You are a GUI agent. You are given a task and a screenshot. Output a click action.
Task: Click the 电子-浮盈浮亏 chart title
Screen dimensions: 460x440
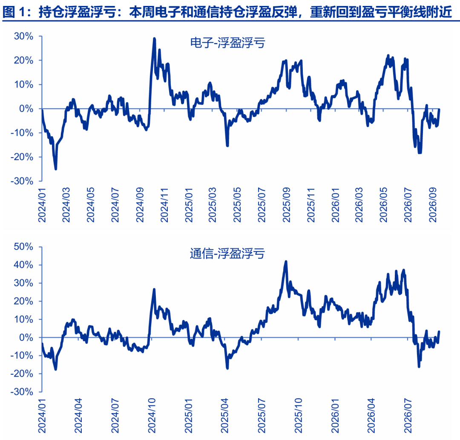pyautogui.click(x=227, y=43)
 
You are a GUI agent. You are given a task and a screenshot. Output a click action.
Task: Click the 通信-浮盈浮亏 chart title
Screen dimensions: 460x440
pyautogui.click(x=227, y=253)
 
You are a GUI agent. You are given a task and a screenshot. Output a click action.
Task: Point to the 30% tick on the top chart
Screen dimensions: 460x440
pyautogui.click(x=23, y=36)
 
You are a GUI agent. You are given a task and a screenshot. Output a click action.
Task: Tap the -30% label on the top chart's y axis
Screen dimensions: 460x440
pyautogui.click(x=22, y=181)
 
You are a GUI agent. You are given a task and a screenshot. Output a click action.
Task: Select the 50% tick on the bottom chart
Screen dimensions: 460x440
pyautogui.click(x=23, y=247)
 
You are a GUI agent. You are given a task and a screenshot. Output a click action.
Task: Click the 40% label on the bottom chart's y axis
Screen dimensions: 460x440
pyautogui.click(x=23, y=265)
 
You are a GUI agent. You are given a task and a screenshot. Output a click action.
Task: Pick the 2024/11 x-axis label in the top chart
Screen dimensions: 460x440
pyautogui.click(x=164, y=205)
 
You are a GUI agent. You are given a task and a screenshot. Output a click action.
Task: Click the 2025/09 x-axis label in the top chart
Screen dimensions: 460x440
pyautogui.click(x=286, y=205)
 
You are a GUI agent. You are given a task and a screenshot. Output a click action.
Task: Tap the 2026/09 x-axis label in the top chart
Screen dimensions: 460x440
pyautogui.click(x=433, y=205)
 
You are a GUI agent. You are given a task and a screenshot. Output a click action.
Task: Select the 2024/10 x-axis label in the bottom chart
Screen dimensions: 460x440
pyautogui.click(x=152, y=416)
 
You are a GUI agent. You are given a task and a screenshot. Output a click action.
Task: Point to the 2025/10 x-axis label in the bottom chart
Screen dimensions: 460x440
pyautogui.click(x=298, y=416)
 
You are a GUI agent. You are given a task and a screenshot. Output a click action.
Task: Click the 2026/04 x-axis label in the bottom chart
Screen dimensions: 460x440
pyautogui.click(x=371, y=416)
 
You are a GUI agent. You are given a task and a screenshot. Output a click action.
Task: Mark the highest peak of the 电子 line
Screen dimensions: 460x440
pyautogui.click(x=155, y=38)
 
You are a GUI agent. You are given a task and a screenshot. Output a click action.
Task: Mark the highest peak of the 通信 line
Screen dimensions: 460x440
pyautogui.click(x=286, y=262)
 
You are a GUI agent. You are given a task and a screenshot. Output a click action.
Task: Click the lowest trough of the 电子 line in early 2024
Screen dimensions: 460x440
pyautogui.click(x=56, y=169)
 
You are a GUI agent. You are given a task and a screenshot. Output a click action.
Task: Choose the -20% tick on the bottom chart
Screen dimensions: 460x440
pyautogui.click(x=22, y=374)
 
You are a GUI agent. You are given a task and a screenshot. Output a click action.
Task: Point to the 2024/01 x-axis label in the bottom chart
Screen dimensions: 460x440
pyautogui.click(x=42, y=416)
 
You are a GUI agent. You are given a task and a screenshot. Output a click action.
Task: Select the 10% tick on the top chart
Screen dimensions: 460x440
pyautogui.click(x=23, y=84)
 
